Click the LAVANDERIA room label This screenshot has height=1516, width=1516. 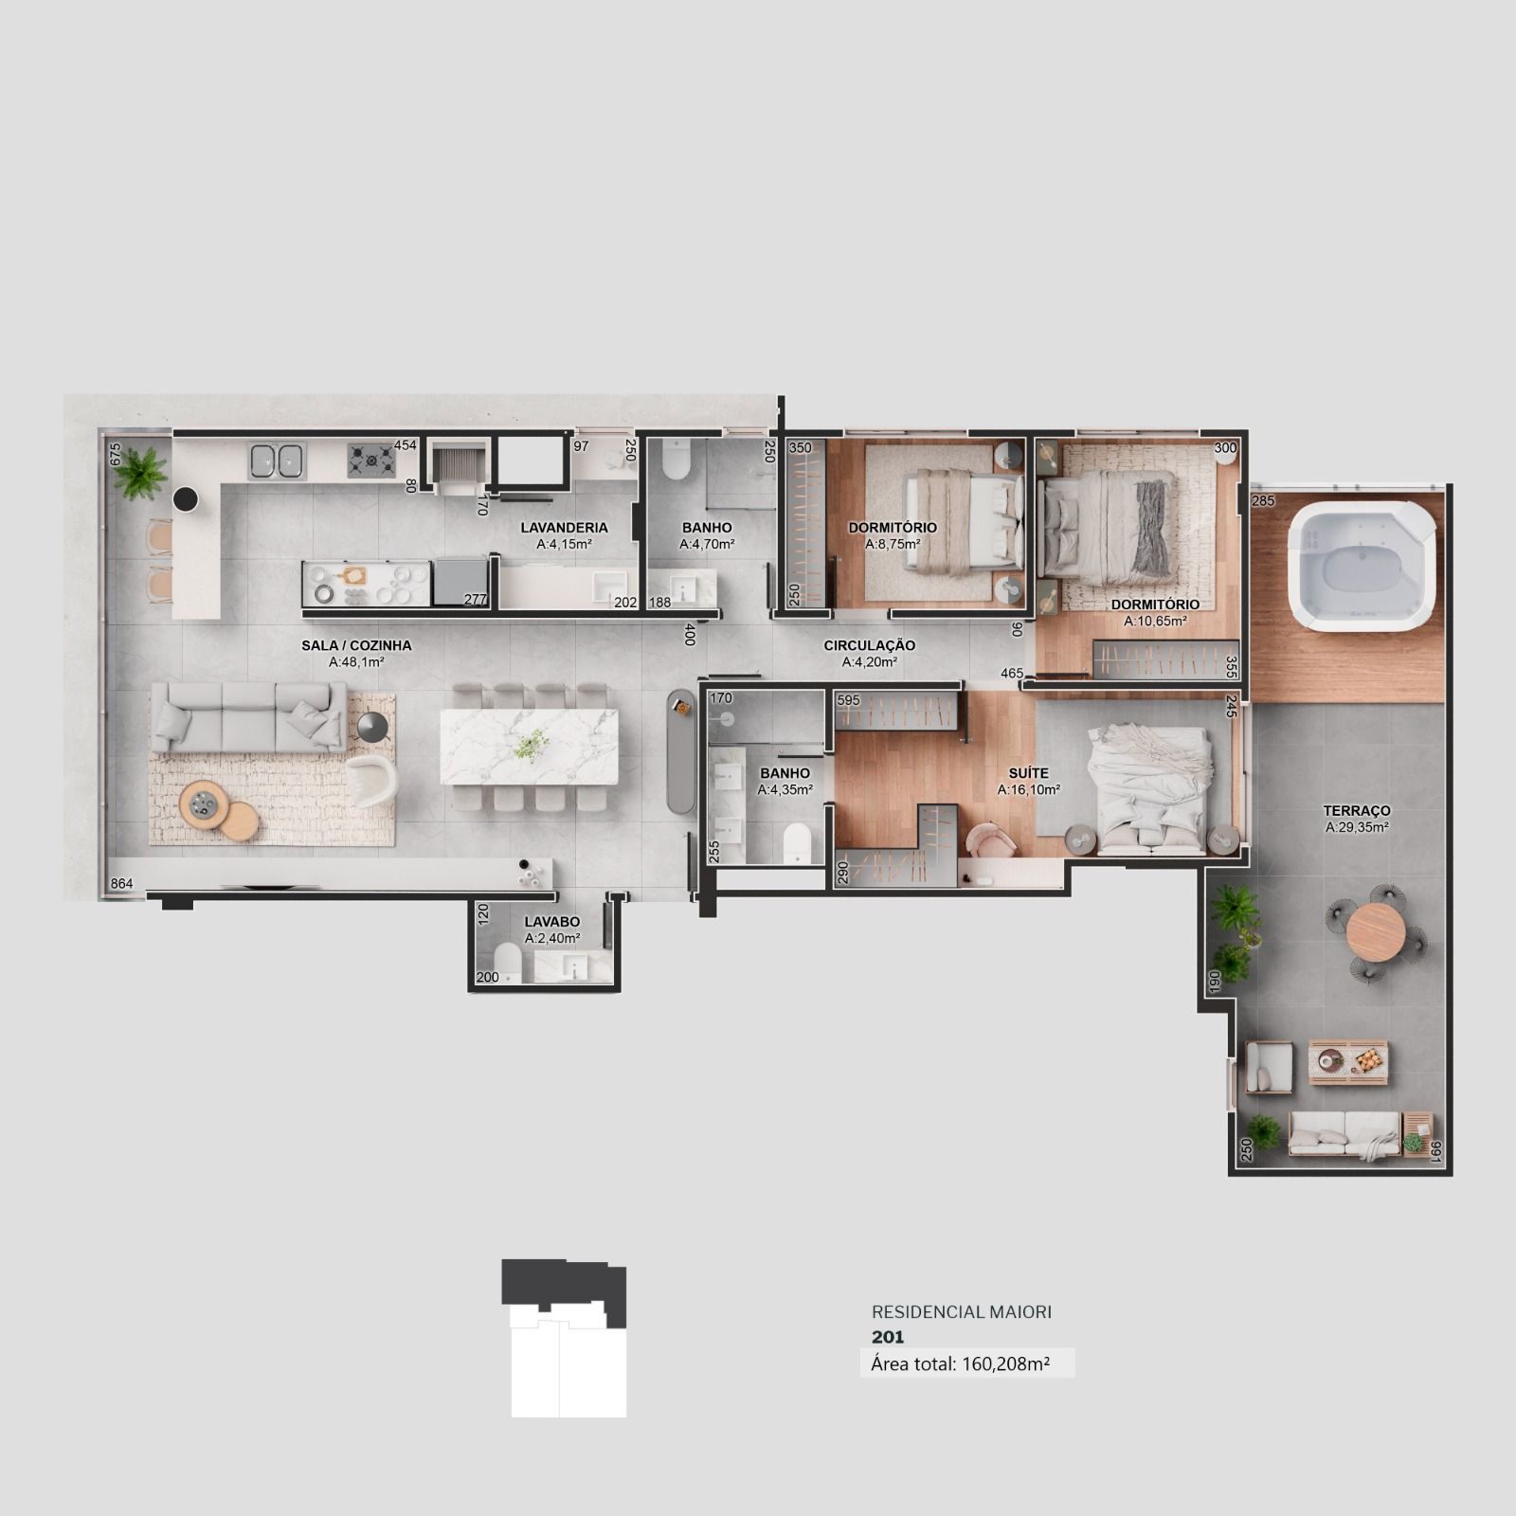564,528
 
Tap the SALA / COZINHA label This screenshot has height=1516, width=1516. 356,645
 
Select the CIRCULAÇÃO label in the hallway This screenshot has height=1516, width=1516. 869,646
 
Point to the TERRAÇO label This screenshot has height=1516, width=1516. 1357,811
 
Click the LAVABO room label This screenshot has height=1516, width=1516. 551,922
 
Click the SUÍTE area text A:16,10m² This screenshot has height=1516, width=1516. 1028,789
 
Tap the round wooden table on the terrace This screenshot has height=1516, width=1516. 1376,931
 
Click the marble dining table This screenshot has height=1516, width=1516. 529,746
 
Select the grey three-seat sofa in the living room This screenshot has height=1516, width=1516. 248,716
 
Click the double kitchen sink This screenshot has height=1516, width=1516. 276,460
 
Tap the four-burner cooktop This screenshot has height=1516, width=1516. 370,460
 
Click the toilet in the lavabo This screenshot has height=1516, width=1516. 509,961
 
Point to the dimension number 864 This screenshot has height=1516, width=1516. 121,884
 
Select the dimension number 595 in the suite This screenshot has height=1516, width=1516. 848,700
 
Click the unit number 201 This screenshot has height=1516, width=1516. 888,1337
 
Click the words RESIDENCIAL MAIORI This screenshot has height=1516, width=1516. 962,1312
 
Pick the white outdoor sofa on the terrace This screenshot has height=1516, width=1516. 1345,1134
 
